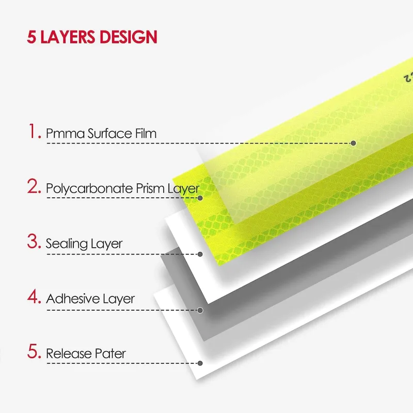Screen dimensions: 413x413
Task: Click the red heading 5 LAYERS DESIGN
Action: click(92, 37)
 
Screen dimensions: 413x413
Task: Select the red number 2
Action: click(34, 186)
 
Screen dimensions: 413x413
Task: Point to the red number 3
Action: click(34, 241)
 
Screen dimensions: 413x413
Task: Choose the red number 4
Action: click(34, 296)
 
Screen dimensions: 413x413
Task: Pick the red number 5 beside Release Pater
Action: click(34, 351)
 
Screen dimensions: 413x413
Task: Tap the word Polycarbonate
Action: click(89, 189)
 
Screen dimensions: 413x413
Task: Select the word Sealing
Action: click(64, 244)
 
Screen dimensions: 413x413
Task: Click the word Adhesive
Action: click(73, 299)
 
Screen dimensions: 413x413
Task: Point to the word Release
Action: click(69, 354)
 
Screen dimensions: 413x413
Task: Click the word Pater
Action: click(110, 354)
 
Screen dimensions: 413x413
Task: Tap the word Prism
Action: click(150, 188)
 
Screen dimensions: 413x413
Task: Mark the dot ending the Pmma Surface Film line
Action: click(354, 143)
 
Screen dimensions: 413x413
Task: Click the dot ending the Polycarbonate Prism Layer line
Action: click(200, 198)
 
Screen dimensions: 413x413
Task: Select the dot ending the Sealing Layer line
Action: click(200, 254)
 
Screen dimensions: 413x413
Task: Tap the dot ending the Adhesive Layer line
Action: click(200, 310)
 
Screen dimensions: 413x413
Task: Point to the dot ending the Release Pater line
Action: click(200, 363)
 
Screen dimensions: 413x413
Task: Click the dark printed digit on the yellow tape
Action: click(407, 78)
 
